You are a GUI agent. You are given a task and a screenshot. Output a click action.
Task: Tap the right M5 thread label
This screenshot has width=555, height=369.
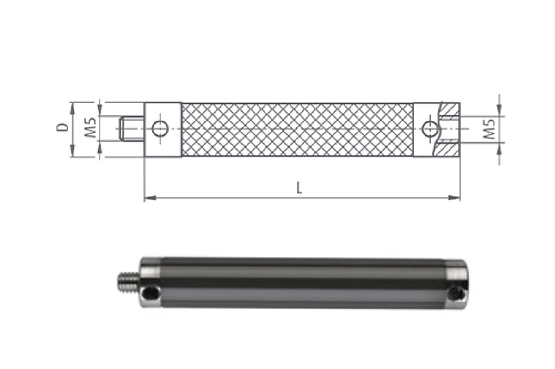pyautogui.click(x=490, y=129)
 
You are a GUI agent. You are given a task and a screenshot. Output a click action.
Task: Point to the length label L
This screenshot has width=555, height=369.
pyautogui.click(x=299, y=188)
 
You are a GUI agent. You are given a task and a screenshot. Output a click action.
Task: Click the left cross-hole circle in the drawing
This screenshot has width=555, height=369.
pyautogui.click(x=160, y=129)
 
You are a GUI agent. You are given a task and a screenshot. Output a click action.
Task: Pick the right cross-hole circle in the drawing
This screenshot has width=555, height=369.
pyautogui.click(x=430, y=129)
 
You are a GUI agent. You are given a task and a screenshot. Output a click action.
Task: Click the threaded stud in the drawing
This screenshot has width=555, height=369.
pyautogui.click(x=131, y=129)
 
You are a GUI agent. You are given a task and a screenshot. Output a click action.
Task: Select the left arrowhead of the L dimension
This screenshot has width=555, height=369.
pyautogui.click(x=150, y=198)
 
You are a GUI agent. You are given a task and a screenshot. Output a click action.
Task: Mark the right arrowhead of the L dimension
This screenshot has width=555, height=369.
pyautogui.click(x=454, y=198)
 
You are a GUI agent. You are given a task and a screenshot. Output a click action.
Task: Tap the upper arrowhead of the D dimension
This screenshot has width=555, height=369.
pyautogui.click(x=72, y=109)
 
